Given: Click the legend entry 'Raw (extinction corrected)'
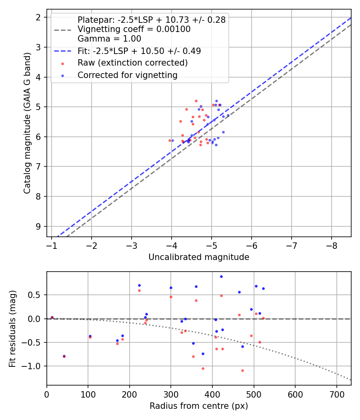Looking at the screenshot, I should (x=132, y=63).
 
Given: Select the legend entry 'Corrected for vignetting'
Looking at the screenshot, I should (x=127, y=75).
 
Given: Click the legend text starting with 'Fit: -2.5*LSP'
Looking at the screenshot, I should (x=139, y=51).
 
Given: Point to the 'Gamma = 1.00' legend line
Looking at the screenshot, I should (x=109, y=39).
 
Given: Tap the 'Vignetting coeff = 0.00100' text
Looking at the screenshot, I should (x=134, y=29).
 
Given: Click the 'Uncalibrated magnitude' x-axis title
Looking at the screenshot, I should (x=199, y=257).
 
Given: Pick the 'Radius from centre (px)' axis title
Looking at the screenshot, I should (x=199, y=406).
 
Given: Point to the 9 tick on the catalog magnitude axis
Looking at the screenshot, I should (x=38, y=226).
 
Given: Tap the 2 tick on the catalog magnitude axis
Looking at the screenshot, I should (x=38, y=17).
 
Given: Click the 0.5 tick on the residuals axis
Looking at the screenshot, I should (x=36, y=295).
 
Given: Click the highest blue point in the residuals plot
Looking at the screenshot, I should (x=221, y=276).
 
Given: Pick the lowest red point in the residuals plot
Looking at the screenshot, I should (x=242, y=370).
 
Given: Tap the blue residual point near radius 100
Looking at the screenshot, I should (x=90, y=336).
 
